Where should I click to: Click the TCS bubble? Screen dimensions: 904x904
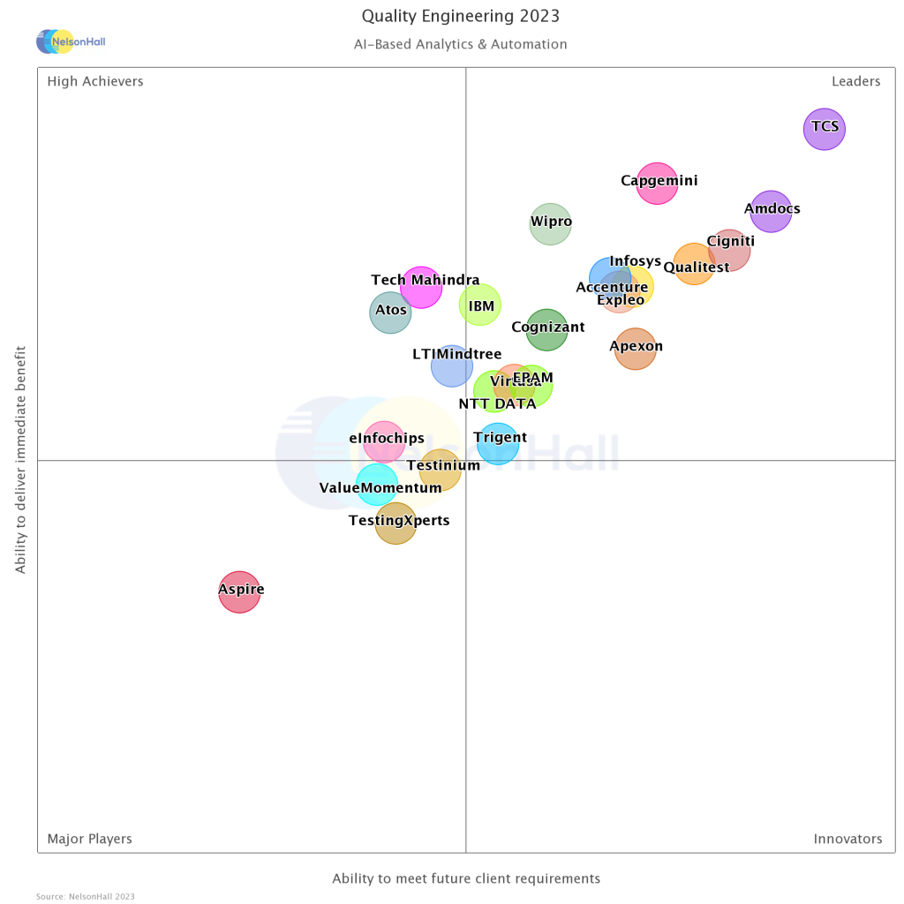point(825,129)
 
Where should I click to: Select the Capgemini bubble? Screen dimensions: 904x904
point(657,184)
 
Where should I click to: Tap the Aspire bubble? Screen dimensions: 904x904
point(239,591)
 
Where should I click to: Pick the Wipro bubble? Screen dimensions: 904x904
point(550,224)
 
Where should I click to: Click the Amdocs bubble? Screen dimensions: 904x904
point(771,211)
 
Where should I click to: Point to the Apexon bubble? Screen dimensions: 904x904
point(635,349)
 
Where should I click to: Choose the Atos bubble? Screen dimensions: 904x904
point(390,312)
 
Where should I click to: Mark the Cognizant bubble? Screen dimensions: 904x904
point(546,329)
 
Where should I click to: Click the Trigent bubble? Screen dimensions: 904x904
point(498,443)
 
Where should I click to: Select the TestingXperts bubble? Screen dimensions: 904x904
point(395,524)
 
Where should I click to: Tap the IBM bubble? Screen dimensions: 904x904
point(480,305)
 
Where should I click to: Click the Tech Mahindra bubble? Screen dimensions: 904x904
point(421,287)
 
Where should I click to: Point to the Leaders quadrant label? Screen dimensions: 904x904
point(855,81)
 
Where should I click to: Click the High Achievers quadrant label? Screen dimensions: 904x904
point(95,81)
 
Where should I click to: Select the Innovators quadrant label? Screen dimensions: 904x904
point(847,839)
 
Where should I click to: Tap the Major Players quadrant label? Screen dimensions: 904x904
point(90,839)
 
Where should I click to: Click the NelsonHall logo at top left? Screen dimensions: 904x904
point(70,41)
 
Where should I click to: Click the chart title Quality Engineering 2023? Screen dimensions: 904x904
point(461,17)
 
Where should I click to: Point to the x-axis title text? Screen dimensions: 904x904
point(466,878)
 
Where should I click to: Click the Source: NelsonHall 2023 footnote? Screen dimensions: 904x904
point(86,896)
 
